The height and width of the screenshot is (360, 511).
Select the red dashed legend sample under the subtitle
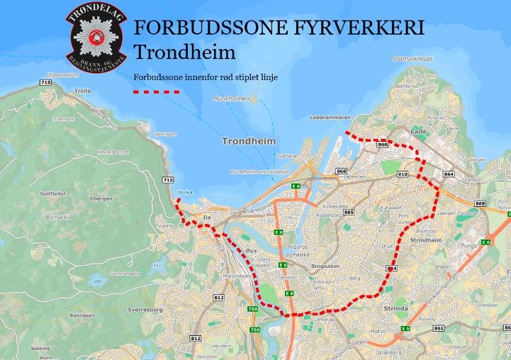(157, 91)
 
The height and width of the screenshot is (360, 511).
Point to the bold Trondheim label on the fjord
(247, 141)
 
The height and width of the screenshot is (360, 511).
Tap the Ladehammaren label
(330, 117)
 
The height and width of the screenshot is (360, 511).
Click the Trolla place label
(83, 91)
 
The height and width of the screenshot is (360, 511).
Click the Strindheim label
(427, 240)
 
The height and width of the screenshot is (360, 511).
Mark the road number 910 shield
(403, 174)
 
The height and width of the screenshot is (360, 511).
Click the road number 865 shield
(348, 212)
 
